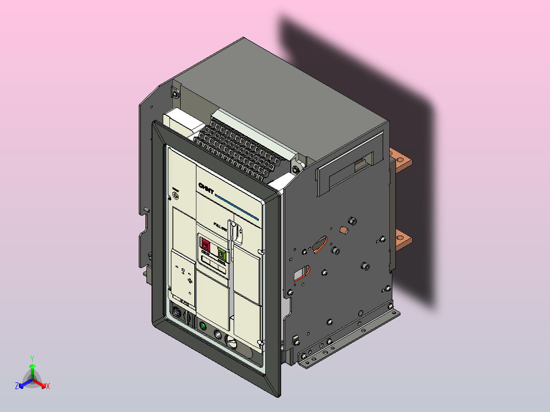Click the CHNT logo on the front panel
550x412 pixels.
click(206, 188)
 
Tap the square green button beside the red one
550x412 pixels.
click(222, 253)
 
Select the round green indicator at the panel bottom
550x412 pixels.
click(203, 326)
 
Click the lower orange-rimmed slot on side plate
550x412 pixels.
click(302, 273)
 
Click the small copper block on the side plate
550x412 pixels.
click(343, 230)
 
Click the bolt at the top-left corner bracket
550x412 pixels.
click(176, 93)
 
